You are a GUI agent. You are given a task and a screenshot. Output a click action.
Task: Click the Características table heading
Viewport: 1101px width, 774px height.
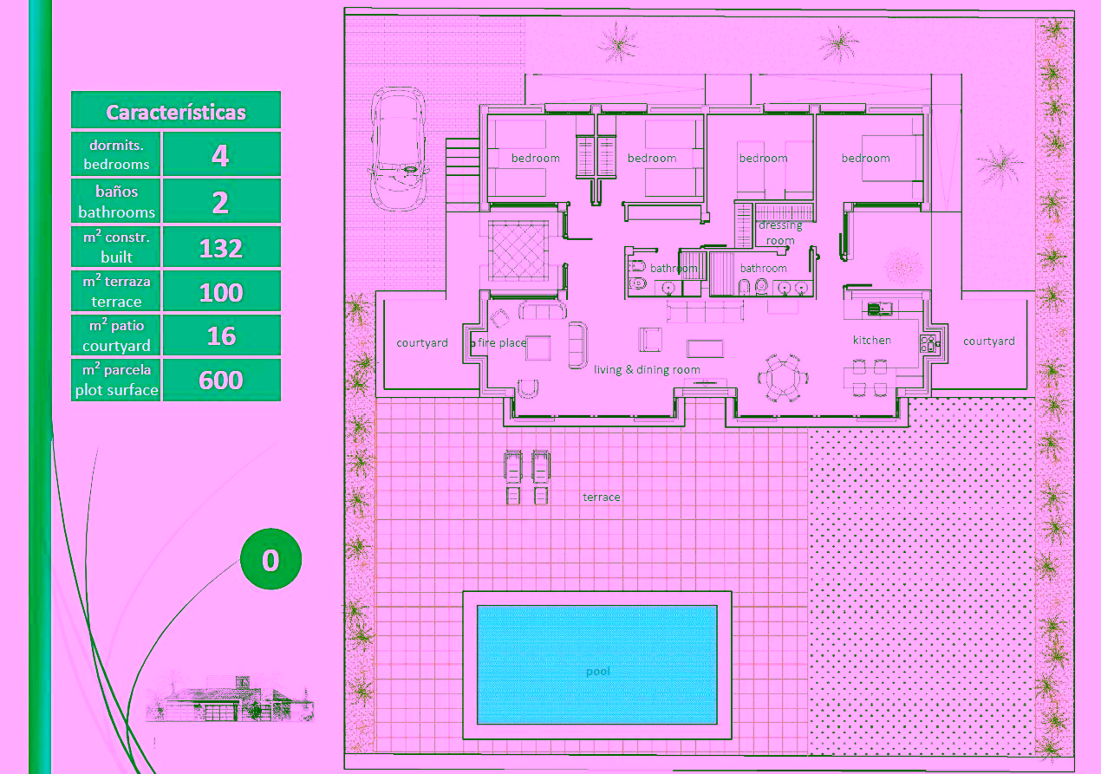point(176,113)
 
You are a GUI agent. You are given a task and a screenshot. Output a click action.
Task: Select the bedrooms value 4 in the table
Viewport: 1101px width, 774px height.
point(220,156)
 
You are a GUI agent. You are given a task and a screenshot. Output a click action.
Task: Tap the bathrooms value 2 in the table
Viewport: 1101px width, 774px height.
point(220,203)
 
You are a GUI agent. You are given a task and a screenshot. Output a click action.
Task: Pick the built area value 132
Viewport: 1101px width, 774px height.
point(221,248)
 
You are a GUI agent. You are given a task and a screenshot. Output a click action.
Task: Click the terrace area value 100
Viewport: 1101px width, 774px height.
point(221,293)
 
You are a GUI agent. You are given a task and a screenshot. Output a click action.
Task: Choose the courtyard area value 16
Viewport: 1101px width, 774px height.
point(221,336)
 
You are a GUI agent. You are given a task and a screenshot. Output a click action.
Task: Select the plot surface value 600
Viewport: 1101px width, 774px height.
point(221,380)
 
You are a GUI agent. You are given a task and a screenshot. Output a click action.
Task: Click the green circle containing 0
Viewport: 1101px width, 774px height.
point(270,559)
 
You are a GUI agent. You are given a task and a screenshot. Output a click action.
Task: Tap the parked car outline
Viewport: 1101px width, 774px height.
point(398,149)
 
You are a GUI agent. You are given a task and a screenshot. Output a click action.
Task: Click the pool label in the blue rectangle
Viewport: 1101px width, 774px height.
point(597,672)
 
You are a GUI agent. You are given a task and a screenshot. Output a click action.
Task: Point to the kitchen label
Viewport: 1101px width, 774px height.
point(872,340)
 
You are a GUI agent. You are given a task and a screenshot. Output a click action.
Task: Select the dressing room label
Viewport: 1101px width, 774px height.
point(780,233)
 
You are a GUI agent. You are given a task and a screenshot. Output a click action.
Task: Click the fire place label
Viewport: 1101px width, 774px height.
point(502,342)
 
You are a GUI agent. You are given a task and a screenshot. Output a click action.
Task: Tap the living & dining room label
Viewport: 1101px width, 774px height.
point(647,369)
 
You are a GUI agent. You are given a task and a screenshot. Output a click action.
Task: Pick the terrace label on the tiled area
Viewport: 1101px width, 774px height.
point(601,498)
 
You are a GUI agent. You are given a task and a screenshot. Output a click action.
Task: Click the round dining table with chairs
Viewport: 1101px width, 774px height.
point(783,378)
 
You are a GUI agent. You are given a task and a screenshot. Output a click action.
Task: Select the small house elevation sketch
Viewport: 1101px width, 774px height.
point(230,698)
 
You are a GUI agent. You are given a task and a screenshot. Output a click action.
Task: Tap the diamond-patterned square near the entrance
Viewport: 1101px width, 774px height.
point(518,250)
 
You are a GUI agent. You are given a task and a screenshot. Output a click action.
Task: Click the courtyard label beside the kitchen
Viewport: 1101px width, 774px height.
point(989,341)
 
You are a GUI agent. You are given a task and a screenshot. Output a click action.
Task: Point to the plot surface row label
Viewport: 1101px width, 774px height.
point(116,380)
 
